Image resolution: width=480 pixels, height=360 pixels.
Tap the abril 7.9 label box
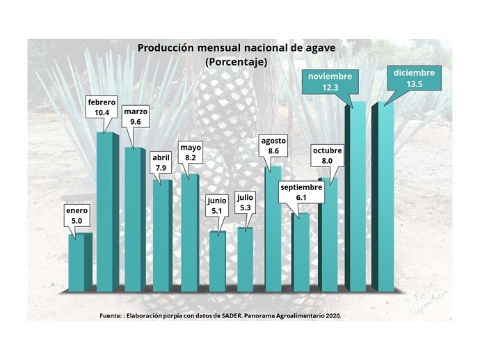[161, 162]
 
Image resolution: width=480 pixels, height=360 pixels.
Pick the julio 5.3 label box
[246, 202]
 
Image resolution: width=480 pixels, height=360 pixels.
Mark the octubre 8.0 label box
[327, 155]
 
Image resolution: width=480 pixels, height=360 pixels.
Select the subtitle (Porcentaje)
[237, 62]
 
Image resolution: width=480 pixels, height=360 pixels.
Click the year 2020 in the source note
[333, 315]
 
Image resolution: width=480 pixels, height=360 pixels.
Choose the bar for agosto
[273, 230]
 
